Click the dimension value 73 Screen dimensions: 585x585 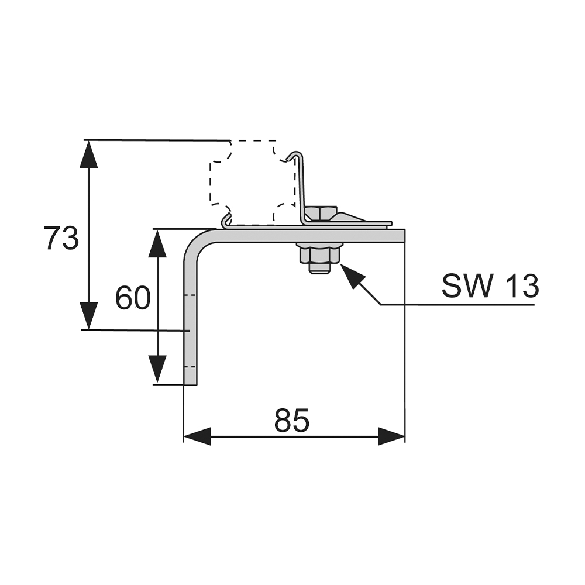tap(61, 239)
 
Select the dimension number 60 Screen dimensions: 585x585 tap(133, 298)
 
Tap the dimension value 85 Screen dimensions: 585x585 tap(291, 421)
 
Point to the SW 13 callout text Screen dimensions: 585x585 tap(490, 287)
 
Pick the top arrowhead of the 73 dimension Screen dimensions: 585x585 tap(88, 154)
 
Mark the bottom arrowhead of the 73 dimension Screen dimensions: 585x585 tap(88, 316)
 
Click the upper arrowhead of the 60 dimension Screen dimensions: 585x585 tap(157, 243)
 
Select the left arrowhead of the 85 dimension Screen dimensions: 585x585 tap(197, 436)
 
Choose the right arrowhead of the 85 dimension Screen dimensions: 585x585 tap(391, 436)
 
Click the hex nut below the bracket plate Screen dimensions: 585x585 tap(319, 254)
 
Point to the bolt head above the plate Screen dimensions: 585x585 tap(321, 213)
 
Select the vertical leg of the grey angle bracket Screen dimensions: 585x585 tap(191, 316)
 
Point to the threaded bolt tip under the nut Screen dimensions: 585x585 tap(319, 269)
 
